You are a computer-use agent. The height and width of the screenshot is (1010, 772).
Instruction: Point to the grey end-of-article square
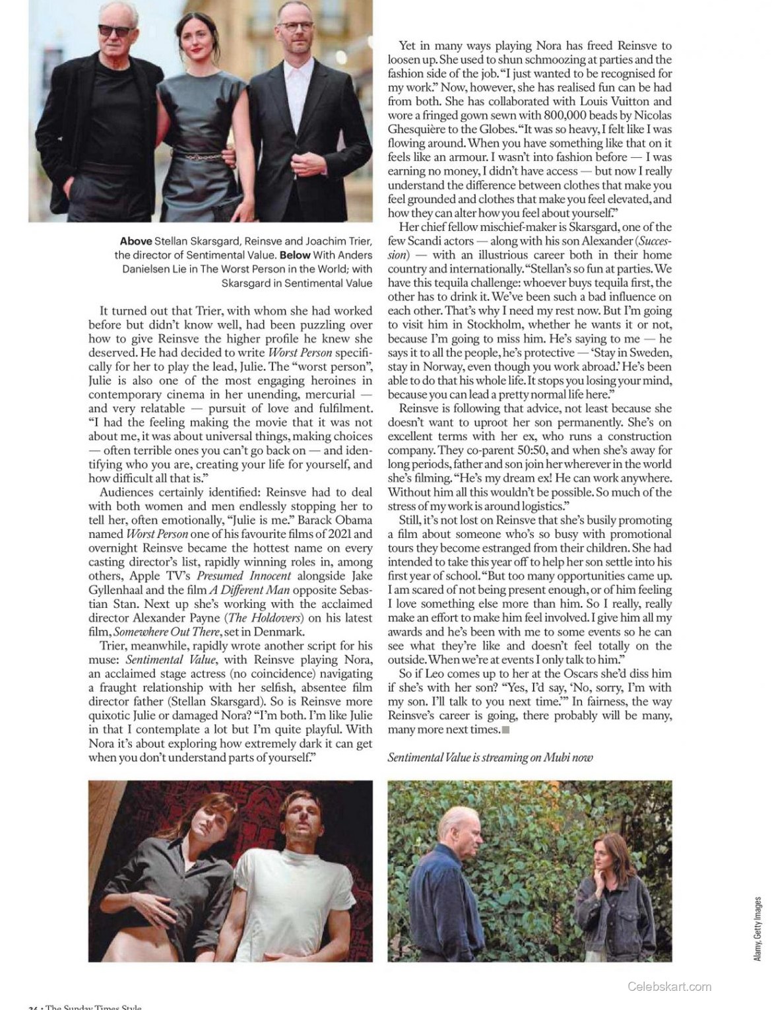pyautogui.click(x=505, y=729)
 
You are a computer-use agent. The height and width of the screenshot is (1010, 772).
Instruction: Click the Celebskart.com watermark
pyautogui.click(x=669, y=987)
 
